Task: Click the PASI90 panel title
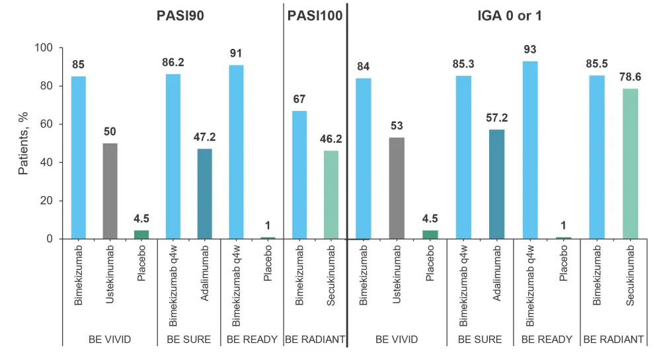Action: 175,16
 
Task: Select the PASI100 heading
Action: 315,16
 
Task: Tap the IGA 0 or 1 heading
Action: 502,16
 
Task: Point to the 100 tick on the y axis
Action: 44,48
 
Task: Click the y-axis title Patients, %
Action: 24,144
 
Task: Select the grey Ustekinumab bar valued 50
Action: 110,191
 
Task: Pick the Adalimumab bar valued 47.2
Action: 205,194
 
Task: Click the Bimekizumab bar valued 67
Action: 299,174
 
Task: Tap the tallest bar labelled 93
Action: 530,150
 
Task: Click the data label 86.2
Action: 173,63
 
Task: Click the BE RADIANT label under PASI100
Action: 315,340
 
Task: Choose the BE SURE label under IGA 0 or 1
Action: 479,340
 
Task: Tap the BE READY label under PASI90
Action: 252,340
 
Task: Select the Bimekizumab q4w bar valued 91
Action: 236,152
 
